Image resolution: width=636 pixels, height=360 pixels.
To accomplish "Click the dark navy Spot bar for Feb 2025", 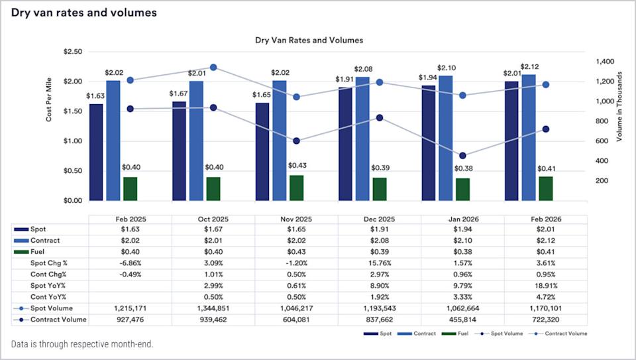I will (x=97, y=152).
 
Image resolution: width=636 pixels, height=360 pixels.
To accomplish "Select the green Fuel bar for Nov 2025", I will (x=296, y=188).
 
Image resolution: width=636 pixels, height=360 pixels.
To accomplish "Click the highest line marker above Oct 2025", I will (x=213, y=67).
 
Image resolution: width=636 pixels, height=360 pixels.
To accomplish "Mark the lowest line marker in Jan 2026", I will (x=462, y=156).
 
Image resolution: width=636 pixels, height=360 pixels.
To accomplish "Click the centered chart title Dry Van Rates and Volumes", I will (x=309, y=40).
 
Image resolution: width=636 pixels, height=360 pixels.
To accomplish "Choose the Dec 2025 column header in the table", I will (x=379, y=219).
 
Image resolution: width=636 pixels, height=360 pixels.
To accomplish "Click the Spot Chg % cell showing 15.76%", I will (x=379, y=263).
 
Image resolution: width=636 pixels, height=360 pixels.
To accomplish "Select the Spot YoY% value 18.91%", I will (x=545, y=286).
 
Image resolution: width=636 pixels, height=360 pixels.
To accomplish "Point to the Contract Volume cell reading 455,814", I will (x=462, y=320).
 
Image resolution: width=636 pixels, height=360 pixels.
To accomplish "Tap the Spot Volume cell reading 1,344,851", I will (x=213, y=308).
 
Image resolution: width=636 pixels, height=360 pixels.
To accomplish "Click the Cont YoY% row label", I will (x=48, y=297).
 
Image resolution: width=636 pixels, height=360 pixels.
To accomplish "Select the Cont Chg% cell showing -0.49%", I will (x=130, y=274).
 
